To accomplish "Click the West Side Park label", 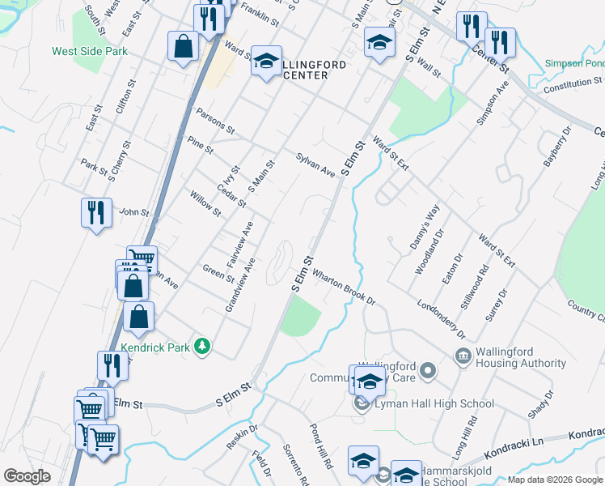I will (90, 51).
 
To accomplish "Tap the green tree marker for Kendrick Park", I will (202, 347).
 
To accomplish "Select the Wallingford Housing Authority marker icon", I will (463, 355).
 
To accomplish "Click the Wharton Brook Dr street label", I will (344, 288).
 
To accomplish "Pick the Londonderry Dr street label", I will (441, 320).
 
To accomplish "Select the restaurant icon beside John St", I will (96, 213).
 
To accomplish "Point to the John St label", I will (134, 212).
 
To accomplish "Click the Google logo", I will (27, 476).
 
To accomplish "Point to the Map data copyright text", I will (553, 480).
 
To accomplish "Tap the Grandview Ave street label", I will (241, 285).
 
